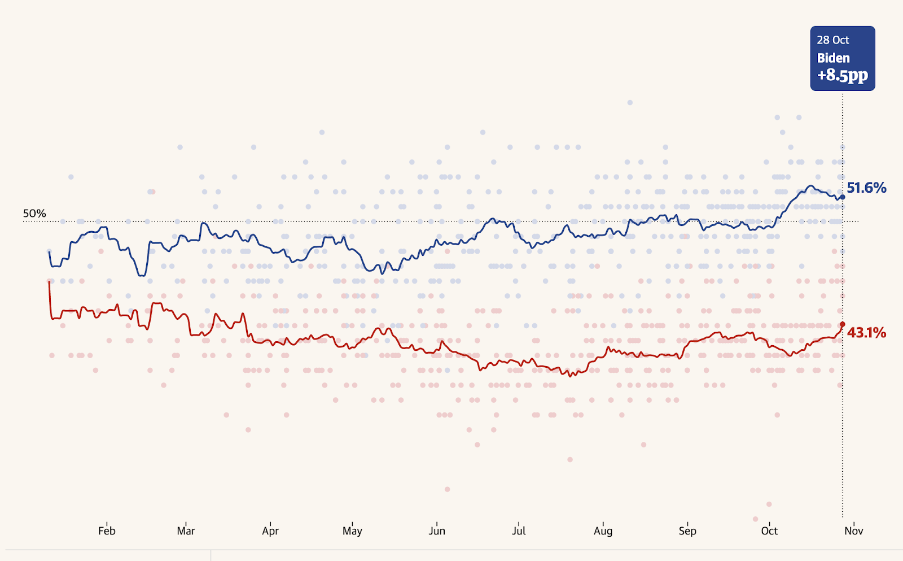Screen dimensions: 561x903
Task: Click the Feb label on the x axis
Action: pyautogui.click(x=107, y=530)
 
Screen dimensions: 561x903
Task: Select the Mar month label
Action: pyautogui.click(x=186, y=530)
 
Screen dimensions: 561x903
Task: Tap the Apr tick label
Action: pyautogui.click(x=270, y=530)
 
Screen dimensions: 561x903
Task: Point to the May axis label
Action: pyautogui.click(x=352, y=530)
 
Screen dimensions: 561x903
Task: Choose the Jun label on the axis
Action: pyautogui.click(x=437, y=530)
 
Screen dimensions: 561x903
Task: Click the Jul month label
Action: pyautogui.click(x=519, y=530)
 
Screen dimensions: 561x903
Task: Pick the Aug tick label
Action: pyautogui.click(x=603, y=530)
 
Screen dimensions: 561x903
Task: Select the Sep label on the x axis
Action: pyautogui.click(x=687, y=530)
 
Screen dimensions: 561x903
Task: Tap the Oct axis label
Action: pyautogui.click(x=769, y=530)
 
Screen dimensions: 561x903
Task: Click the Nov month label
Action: pyautogui.click(x=854, y=530)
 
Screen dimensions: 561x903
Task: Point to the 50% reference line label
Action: pyautogui.click(x=34, y=214)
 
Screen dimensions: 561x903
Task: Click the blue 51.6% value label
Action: pyautogui.click(x=866, y=188)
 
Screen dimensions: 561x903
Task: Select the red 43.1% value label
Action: pyautogui.click(x=866, y=333)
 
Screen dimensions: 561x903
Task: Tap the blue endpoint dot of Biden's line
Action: pyautogui.click(x=843, y=197)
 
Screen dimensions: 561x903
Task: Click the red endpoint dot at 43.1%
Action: pyautogui.click(x=843, y=324)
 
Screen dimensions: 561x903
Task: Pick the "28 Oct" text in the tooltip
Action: pyautogui.click(x=833, y=40)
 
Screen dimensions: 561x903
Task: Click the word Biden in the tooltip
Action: pyautogui.click(x=834, y=58)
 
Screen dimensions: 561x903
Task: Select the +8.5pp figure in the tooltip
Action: pyautogui.click(x=843, y=75)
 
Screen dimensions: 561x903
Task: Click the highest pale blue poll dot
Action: pyautogui.click(x=630, y=102)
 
